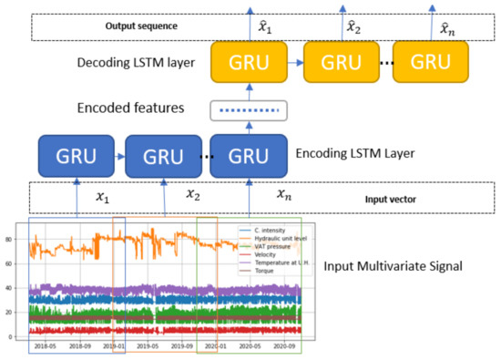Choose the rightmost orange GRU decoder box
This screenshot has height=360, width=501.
pos(430,63)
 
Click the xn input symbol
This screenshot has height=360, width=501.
pos(284,194)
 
